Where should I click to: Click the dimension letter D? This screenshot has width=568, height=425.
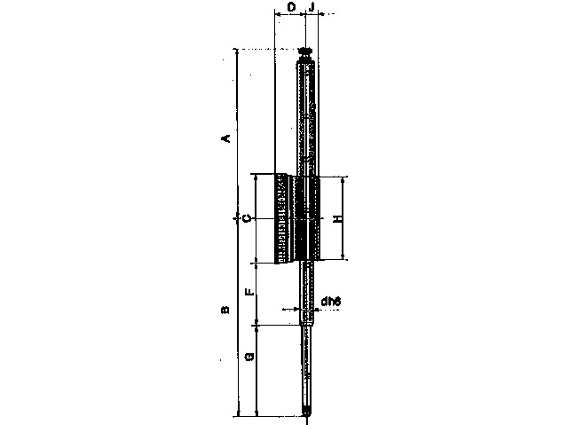[292, 6]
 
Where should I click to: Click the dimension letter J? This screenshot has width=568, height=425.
[312, 6]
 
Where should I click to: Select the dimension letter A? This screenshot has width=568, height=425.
[225, 138]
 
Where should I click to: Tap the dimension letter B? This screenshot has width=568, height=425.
[225, 310]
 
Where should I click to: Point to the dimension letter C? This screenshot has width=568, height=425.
[247, 218]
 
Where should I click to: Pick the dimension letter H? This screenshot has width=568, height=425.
[337, 218]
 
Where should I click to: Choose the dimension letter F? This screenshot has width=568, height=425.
[249, 292]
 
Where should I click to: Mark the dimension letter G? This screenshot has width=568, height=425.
[249, 357]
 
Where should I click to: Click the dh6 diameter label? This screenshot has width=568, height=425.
[331, 301]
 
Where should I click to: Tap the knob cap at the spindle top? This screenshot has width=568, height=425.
[306, 51]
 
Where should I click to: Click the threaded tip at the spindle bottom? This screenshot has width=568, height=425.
[307, 413]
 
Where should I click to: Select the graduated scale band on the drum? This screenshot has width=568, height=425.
[282, 218]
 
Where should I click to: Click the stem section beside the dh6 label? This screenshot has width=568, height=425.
[307, 293]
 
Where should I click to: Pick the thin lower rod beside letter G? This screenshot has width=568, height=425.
[307, 366]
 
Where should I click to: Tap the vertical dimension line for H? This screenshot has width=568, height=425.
[343, 218]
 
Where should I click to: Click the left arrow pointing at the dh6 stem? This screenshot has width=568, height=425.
[292, 309]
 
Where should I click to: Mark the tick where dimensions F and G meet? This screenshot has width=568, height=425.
[256, 325]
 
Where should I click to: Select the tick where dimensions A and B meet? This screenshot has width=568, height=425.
[238, 218]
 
